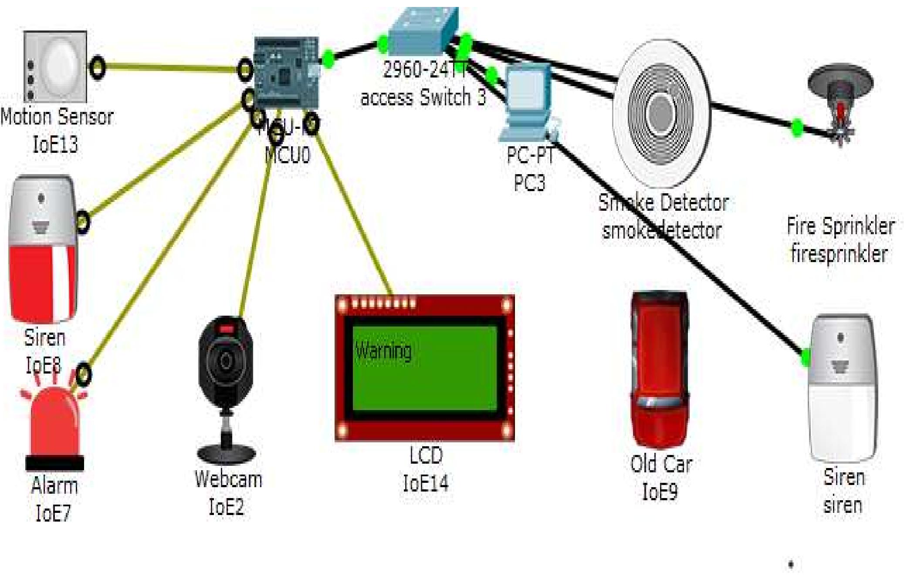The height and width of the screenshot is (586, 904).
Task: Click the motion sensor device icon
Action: (x=55, y=66)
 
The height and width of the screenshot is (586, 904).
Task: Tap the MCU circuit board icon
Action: (x=286, y=73)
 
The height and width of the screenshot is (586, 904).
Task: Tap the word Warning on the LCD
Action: (x=383, y=351)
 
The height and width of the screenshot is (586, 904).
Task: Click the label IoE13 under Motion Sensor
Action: (x=55, y=144)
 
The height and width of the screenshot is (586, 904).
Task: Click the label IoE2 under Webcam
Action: (x=226, y=507)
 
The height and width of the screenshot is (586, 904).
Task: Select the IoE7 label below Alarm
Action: (x=53, y=513)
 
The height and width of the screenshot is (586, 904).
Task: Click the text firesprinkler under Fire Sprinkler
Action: (x=839, y=254)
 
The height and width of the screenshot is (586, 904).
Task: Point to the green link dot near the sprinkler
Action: (x=797, y=128)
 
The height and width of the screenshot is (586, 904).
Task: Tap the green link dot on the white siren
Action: (x=805, y=357)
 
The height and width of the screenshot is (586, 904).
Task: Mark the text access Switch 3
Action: (x=423, y=98)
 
